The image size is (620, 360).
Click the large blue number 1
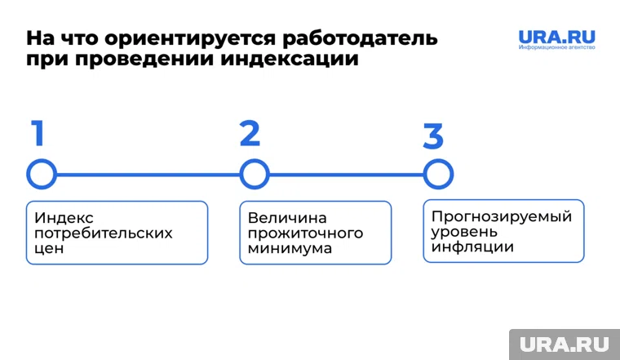(38, 133)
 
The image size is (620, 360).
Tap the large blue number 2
(250, 133)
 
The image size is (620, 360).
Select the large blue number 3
(433, 136)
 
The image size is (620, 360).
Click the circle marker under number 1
(42, 174)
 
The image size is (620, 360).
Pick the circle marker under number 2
(254, 174)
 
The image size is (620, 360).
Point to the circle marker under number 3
(438, 174)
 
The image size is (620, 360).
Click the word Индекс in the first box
(64, 218)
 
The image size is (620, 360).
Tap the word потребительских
(104, 233)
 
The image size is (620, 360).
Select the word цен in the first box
(50, 249)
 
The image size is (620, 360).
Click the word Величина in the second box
(287, 218)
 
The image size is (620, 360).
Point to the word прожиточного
(306, 233)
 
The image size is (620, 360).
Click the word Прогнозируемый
(502, 216)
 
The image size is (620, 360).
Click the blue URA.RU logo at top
(557, 38)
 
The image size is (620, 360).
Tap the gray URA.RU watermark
(564, 344)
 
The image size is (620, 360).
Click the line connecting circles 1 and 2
(148, 174)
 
